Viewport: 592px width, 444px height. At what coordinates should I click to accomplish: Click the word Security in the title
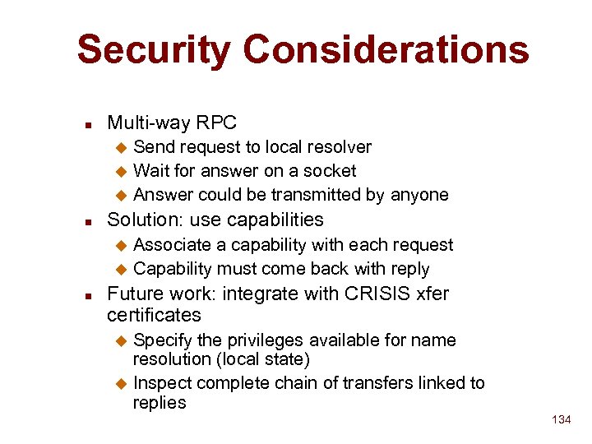coord(155,49)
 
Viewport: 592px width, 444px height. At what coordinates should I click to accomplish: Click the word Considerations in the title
coord(386,49)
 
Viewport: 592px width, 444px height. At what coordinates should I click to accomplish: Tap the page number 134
coord(561,420)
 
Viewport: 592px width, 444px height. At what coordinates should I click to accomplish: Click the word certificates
coord(154,315)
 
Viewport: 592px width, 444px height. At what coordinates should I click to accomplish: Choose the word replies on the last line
coord(160,403)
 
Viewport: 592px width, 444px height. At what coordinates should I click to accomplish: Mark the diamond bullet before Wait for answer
coord(120,172)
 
